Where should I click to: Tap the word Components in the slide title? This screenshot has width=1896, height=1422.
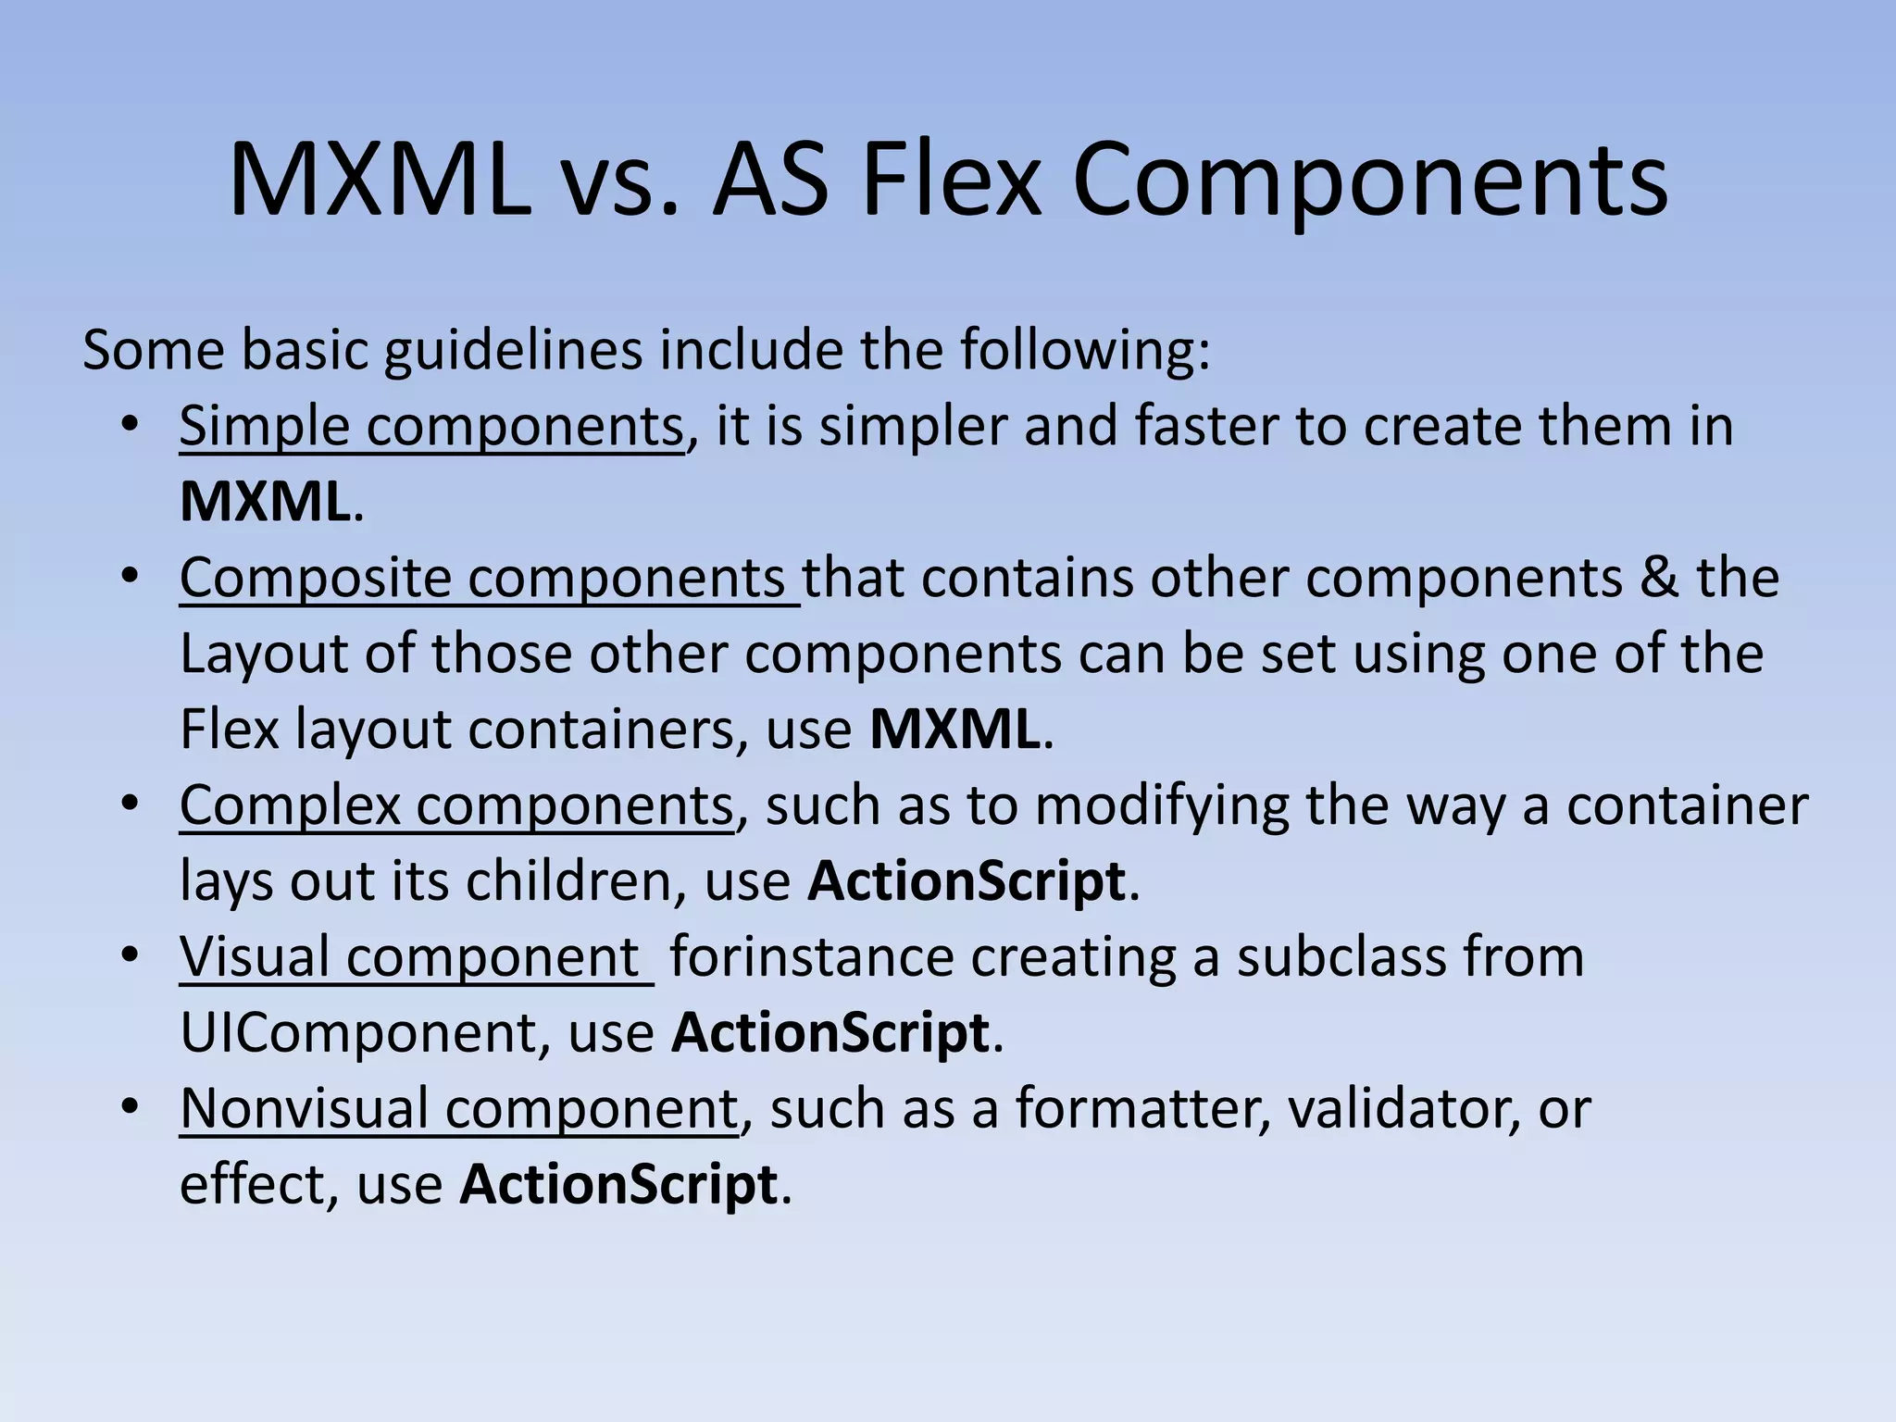pos(1370,182)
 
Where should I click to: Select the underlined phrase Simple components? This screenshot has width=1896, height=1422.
pos(431,427)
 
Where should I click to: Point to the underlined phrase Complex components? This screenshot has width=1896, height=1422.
pos(456,805)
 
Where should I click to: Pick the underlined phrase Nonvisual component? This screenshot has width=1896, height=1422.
pos(459,1109)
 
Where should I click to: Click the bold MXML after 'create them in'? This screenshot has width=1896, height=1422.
pos(265,502)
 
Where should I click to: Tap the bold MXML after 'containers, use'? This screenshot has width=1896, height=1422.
pos(954,730)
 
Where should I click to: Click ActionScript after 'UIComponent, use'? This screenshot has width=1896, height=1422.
pos(830,1033)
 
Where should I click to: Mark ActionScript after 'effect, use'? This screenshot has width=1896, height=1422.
pos(618,1185)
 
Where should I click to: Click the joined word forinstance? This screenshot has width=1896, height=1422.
pos(812,957)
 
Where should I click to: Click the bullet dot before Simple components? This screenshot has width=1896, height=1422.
pos(130,425)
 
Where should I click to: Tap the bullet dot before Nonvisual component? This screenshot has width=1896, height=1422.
pos(130,1106)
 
